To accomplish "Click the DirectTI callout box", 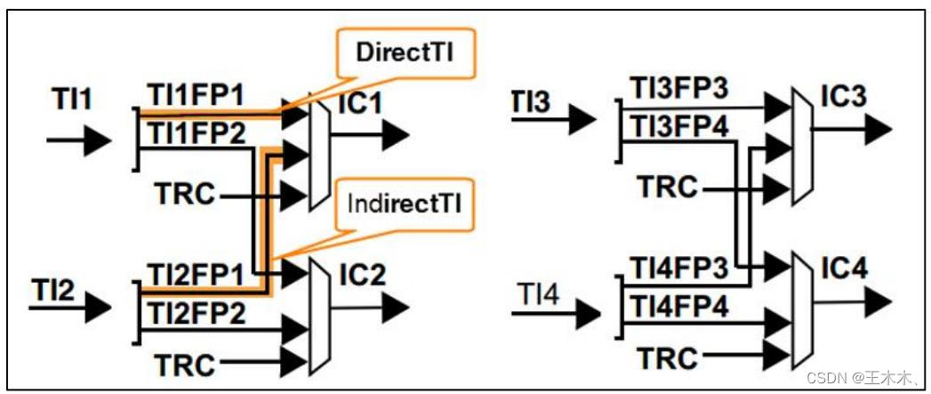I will pos(406,52).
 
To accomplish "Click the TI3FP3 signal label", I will pos(678,90).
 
